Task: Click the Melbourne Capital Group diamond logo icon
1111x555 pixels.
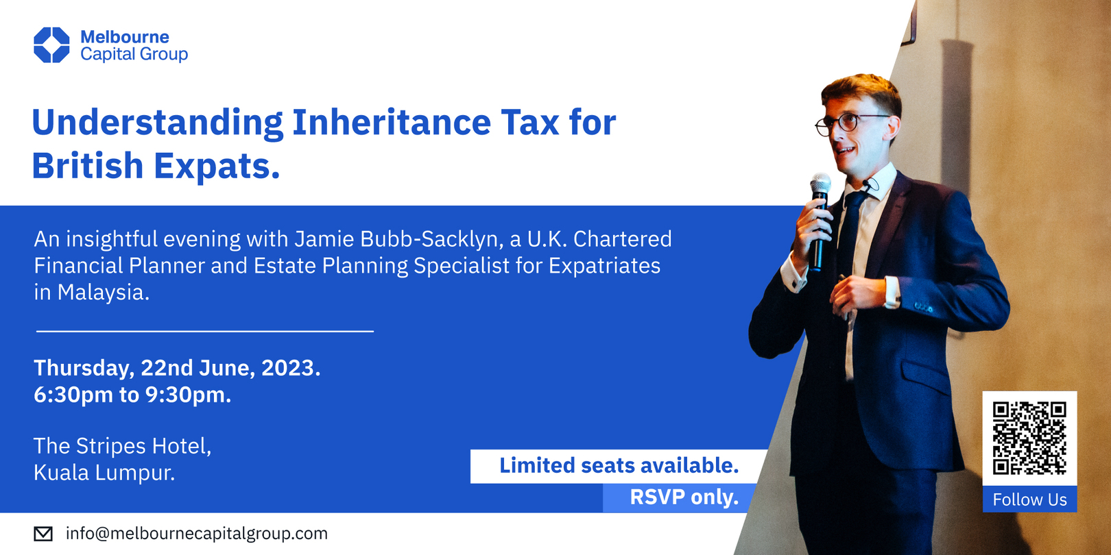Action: coord(51,45)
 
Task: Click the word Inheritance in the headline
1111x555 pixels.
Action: coord(391,123)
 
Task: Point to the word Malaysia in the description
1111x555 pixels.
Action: coord(103,293)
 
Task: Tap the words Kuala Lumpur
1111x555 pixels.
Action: coord(104,473)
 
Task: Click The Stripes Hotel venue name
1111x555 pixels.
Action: coord(122,446)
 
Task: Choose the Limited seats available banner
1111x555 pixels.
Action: coord(618,466)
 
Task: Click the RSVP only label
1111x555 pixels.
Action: coord(683,497)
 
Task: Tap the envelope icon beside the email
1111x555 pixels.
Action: coord(43,534)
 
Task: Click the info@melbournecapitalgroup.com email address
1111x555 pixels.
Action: coord(197,534)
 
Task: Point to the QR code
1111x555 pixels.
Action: coord(1029,439)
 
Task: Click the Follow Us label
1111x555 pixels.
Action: coord(1029,500)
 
